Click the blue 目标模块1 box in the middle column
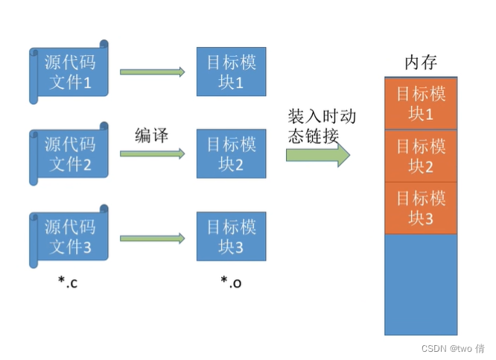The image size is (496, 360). coord(231,72)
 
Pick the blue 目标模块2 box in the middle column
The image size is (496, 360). coord(231,154)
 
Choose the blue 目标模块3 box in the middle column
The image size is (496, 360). coord(231,237)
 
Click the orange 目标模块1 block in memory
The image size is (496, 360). coord(421,104)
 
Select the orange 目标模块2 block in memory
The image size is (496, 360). coord(421,155)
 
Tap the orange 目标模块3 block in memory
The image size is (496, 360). coord(421,208)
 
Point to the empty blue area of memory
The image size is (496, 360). coord(421,283)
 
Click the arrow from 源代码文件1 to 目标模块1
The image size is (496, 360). coord(152,72)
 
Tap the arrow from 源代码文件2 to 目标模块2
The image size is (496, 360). coord(152,154)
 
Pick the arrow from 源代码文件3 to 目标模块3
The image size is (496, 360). coord(152,239)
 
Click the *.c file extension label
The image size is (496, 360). coord(69,282)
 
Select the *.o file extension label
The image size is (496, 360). coord(232,282)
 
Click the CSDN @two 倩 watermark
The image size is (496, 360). coord(452,348)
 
